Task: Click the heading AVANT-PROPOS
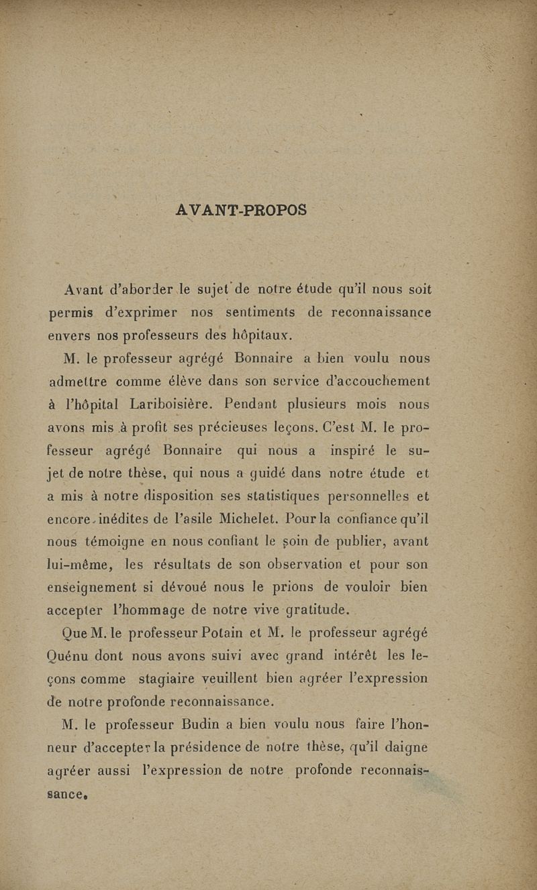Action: pyautogui.click(x=241, y=210)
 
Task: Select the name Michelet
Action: pyautogui.click(x=247, y=518)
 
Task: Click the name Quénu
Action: pyautogui.click(x=74, y=656)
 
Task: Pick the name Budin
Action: pyautogui.click(x=195, y=724)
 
